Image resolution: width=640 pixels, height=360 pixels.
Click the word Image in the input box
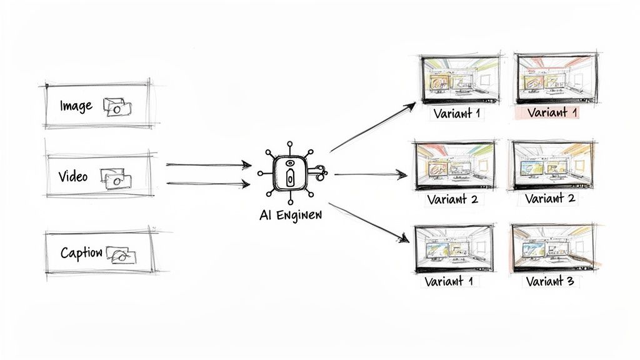[76, 106]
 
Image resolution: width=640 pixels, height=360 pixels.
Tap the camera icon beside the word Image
[116, 107]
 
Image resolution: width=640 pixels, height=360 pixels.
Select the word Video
[73, 177]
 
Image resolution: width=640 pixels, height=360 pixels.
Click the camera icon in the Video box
[116, 179]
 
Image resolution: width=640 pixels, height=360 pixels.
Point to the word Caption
[81, 253]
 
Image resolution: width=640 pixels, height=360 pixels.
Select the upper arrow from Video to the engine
[208, 165]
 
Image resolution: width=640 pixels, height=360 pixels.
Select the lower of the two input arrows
[208, 184]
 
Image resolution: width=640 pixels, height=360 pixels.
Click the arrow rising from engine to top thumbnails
[372, 127]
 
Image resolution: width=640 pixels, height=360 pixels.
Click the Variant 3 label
[549, 281]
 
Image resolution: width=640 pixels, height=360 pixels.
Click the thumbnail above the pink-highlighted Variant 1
[555, 79]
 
